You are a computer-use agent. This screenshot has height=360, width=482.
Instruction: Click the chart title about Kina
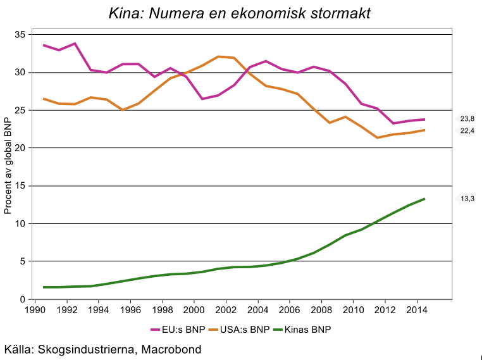240,13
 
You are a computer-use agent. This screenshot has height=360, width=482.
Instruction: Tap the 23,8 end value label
467,118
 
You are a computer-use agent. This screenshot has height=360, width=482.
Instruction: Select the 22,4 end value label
467,130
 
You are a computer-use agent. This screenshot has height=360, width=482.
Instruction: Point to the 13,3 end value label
467,199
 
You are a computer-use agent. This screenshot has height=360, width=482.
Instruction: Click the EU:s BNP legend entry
179,330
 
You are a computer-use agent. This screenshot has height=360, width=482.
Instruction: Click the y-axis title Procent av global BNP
8,166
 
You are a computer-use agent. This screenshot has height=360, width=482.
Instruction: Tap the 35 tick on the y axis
20,35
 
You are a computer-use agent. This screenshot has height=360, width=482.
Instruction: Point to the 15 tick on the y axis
20,186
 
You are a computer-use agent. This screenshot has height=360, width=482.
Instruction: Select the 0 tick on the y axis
22,299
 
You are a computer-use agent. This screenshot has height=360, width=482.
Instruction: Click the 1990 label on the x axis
34,311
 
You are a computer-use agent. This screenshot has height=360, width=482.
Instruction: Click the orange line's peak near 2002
218,56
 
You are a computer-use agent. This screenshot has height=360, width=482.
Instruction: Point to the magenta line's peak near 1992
75,44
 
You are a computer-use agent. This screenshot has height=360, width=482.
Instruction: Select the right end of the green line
424,199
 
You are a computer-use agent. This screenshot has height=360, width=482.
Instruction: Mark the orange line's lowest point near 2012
378,137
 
